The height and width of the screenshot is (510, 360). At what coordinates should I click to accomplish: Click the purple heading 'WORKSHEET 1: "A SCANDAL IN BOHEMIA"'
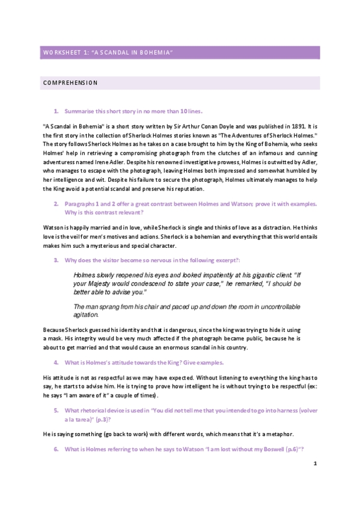tap(108, 54)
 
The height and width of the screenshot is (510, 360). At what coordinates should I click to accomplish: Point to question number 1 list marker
tap(56, 111)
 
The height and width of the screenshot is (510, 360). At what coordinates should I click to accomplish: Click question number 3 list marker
tap(56, 260)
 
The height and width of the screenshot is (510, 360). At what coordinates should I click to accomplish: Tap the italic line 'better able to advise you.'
tap(112, 292)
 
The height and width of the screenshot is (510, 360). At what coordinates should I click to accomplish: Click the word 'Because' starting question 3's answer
tap(54, 330)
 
